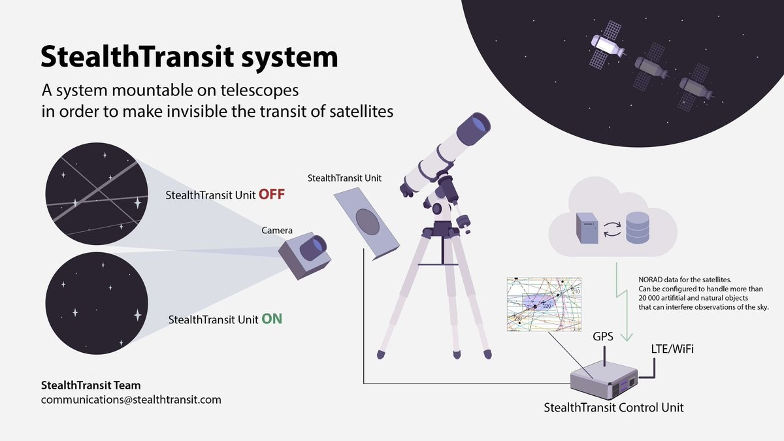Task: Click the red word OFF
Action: (x=272, y=195)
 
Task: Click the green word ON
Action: (x=272, y=319)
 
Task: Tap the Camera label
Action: (x=277, y=230)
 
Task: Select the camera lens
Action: (x=313, y=248)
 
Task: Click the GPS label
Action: (x=602, y=336)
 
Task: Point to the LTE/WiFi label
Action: (x=672, y=349)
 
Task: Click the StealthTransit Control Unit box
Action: (x=604, y=380)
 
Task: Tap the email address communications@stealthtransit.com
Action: (x=131, y=400)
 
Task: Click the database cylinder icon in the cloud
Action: (x=638, y=227)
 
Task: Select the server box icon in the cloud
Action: (x=587, y=228)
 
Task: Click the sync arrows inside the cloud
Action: (x=612, y=229)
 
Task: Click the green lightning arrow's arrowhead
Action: (x=627, y=336)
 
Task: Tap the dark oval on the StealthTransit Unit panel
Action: (x=367, y=221)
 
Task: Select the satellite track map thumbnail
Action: (x=544, y=304)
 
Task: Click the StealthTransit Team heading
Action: (x=91, y=385)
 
